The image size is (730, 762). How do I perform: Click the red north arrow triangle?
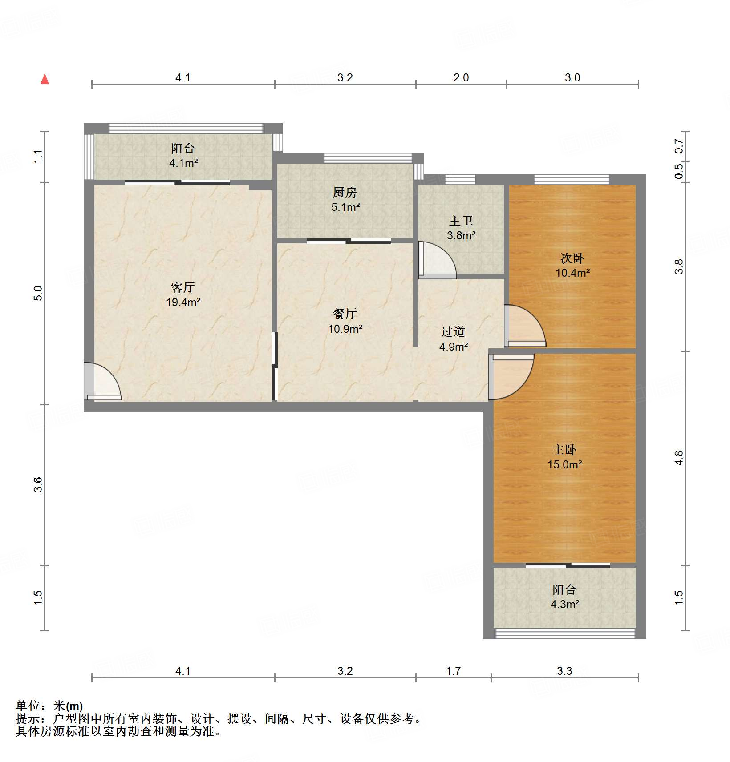pos(45,79)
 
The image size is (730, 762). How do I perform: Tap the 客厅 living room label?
pos(183,287)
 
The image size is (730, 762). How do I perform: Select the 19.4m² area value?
pos(183,302)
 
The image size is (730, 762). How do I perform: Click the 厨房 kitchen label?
pos(345,192)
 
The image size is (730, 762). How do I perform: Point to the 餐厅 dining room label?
pos(345,314)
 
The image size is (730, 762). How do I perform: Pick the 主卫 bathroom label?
pos(461,221)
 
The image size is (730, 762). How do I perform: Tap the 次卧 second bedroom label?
pos(572,258)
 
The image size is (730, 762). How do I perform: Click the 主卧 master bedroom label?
pos(564,450)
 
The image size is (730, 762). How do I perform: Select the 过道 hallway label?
pos(453,331)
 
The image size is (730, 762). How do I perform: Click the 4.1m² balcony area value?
pos(183,163)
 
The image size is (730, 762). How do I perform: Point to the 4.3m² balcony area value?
pos(565,605)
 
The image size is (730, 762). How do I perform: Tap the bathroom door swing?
pos(437,260)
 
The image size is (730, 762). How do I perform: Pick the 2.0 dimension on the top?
pos(461,78)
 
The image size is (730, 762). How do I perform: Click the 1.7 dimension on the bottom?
pos(454,671)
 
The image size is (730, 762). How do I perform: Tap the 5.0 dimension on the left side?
pos(38,293)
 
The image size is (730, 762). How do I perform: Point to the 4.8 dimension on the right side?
pos(678,458)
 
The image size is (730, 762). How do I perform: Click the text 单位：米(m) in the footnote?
pos(49,706)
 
